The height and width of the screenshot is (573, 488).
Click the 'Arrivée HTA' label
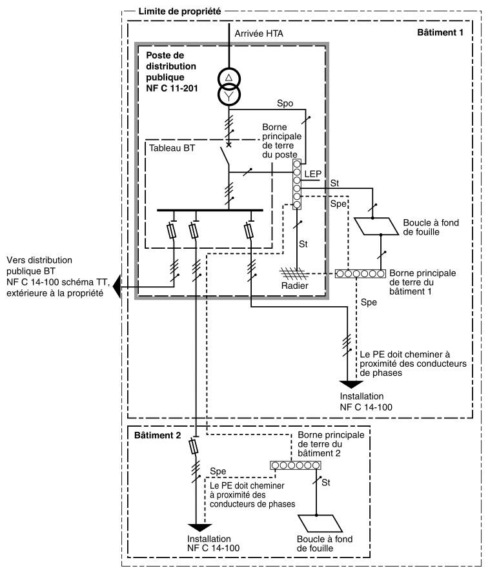point(258,34)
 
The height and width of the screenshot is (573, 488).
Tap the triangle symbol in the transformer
point(229,77)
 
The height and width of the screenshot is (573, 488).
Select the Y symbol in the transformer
point(229,96)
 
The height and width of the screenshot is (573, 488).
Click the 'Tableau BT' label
point(172,148)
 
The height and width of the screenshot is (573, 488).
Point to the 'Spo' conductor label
point(285,103)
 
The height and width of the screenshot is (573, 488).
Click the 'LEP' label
point(312,174)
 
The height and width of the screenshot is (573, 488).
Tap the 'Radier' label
point(295,286)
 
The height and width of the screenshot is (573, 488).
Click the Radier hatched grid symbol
point(292,273)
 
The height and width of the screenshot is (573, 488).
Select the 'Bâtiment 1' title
point(440,32)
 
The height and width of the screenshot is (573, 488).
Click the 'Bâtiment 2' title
point(158,435)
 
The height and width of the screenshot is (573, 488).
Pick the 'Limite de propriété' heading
point(179,12)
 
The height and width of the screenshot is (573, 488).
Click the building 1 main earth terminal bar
point(360,273)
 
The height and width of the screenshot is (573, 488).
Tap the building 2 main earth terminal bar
point(296,465)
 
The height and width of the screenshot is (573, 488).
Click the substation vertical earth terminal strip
point(297,184)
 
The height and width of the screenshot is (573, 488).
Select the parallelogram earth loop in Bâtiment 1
point(376,226)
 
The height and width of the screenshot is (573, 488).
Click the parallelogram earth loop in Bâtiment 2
point(320,523)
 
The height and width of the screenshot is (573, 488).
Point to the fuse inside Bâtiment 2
point(194,447)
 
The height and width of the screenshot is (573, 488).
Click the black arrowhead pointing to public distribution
point(117,287)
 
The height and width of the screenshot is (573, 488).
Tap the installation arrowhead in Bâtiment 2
point(200,528)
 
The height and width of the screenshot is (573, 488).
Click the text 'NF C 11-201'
point(172,88)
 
